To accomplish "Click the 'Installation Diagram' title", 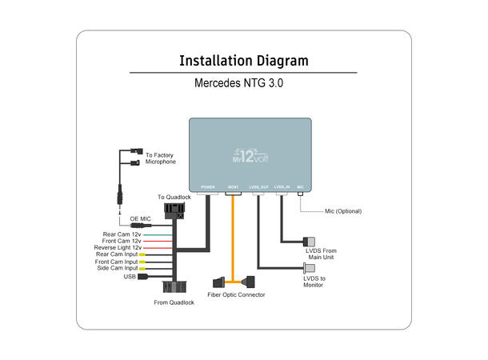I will [x=243, y=61].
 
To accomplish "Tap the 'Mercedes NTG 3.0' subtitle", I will [x=243, y=82].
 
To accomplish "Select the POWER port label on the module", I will [x=208, y=187].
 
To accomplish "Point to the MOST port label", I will [x=233, y=187].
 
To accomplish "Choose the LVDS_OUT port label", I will [x=258, y=187].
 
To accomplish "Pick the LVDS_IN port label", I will [x=282, y=187].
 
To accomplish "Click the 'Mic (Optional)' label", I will [x=343, y=211].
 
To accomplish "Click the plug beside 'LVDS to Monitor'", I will [x=308, y=266].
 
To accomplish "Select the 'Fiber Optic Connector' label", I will [x=236, y=295].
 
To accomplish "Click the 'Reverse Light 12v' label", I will [x=118, y=248].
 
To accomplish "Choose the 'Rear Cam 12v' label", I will [x=122, y=234].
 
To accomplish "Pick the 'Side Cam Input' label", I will [x=118, y=268].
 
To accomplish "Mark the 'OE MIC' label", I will [x=140, y=218].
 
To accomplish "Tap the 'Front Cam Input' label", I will [x=118, y=262].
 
